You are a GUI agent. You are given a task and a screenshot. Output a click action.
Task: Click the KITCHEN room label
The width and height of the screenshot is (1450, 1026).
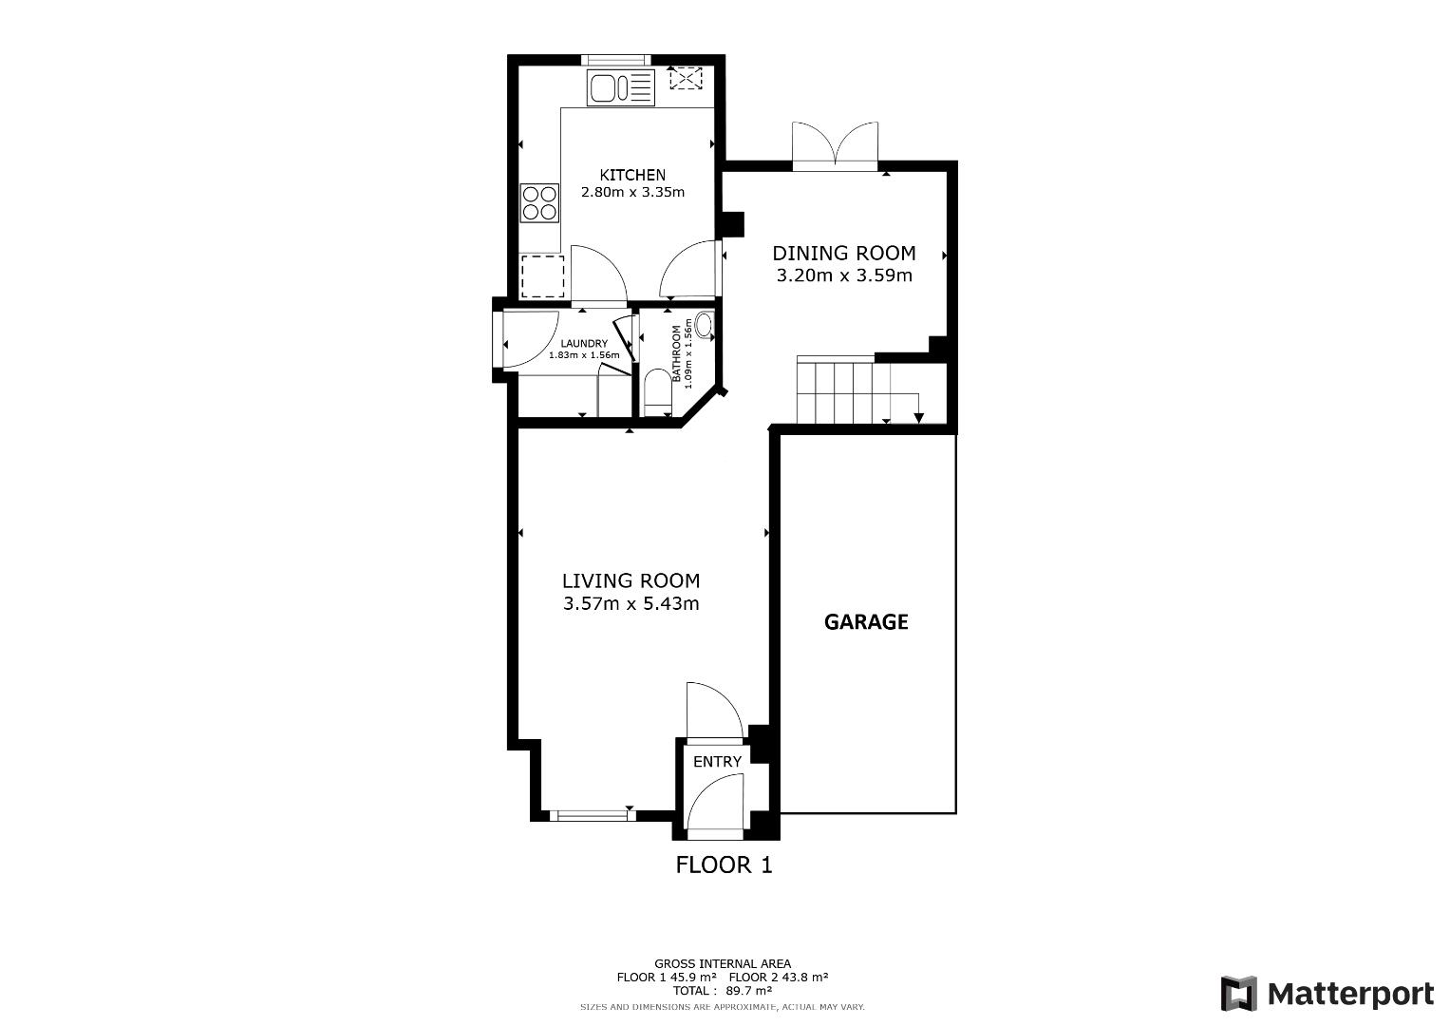coord(632,175)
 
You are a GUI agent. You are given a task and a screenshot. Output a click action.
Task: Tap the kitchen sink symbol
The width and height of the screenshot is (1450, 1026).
coord(621,87)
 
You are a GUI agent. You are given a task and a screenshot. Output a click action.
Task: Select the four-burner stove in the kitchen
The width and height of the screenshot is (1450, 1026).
coord(539,202)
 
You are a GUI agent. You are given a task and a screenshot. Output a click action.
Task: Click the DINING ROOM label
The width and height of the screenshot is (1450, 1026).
coord(844,253)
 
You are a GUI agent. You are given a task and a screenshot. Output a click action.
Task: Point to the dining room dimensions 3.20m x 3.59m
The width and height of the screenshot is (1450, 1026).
coord(844,275)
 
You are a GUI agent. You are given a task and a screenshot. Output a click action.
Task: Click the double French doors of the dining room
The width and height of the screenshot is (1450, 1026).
coord(835,145)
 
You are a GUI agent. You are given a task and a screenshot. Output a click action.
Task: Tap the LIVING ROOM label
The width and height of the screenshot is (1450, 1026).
coord(631,580)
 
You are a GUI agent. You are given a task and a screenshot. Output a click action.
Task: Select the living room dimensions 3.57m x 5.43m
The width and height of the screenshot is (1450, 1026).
coord(631,603)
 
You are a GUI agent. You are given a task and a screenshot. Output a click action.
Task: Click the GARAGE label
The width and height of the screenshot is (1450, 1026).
coord(866,622)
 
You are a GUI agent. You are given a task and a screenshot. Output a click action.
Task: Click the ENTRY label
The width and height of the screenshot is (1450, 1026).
coord(717,762)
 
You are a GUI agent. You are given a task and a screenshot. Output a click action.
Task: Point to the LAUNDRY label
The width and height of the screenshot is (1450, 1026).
coord(584,344)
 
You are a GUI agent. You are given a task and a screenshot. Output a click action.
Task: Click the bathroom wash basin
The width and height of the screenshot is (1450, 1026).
coord(704,325)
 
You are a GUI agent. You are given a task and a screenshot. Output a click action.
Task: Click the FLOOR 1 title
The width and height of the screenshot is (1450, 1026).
coord(725,864)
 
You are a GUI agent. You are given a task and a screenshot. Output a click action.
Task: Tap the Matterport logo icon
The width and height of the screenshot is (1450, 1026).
coord(1238,993)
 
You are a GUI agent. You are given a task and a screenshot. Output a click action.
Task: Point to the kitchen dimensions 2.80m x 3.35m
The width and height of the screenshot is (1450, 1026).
coord(632,192)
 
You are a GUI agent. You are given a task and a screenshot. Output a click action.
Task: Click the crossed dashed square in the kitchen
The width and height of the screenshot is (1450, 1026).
coord(686,78)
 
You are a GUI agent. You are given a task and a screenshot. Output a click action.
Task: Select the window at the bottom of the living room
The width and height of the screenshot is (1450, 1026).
coord(593,816)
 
